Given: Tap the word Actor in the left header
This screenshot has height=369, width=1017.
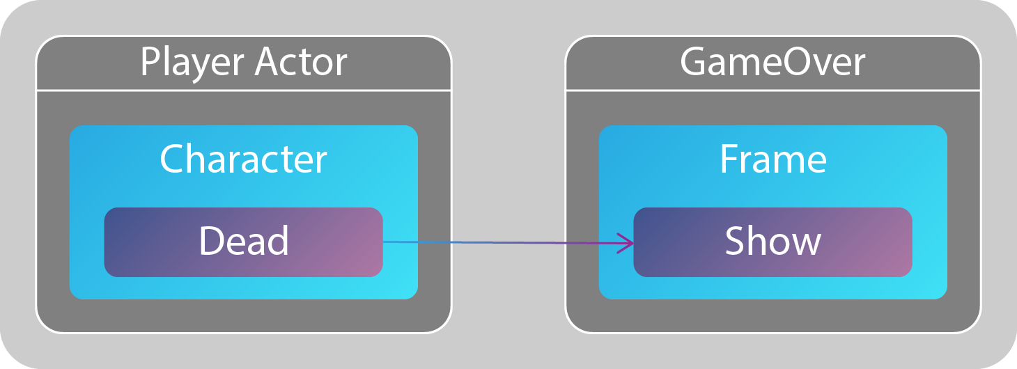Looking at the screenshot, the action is pyautogui.click(x=301, y=62).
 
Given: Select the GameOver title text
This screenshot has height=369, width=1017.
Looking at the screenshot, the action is pyautogui.click(x=773, y=62).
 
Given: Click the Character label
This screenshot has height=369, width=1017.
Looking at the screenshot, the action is pyautogui.click(x=243, y=159).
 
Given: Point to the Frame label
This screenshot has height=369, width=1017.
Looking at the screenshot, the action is pyautogui.click(x=773, y=159).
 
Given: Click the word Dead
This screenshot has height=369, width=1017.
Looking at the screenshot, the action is pyautogui.click(x=244, y=241).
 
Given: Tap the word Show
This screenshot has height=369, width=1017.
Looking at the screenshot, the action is pyautogui.click(x=773, y=241).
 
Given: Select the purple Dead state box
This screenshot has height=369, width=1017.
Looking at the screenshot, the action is pyautogui.click(x=243, y=242).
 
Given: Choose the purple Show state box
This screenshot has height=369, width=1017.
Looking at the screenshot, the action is pyautogui.click(x=773, y=242).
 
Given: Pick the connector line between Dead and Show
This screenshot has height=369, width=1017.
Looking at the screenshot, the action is pyautogui.click(x=509, y=242).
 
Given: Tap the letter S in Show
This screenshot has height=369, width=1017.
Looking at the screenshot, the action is pyautogui.click(x=735, y=241).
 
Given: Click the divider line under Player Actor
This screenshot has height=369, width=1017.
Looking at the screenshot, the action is pyautogui.click(x=243, y=91).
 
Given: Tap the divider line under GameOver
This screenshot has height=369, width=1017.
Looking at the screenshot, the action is pyautogui.click(x=773, y=91).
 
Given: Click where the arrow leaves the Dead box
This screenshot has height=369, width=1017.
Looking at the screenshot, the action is pyautogui.click(x=383, y=242).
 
